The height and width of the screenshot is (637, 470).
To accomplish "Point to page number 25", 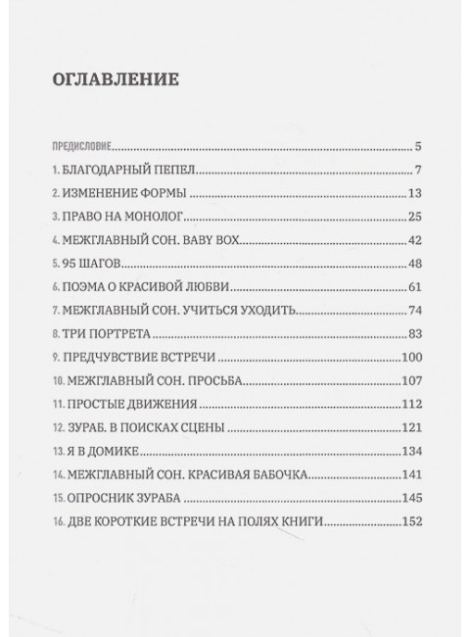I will pos(412,216).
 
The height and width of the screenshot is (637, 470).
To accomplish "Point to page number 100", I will pos(410,358).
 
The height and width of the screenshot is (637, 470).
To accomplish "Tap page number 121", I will pos(410,427).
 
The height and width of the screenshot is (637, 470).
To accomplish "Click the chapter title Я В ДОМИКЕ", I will pos(102,451).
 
